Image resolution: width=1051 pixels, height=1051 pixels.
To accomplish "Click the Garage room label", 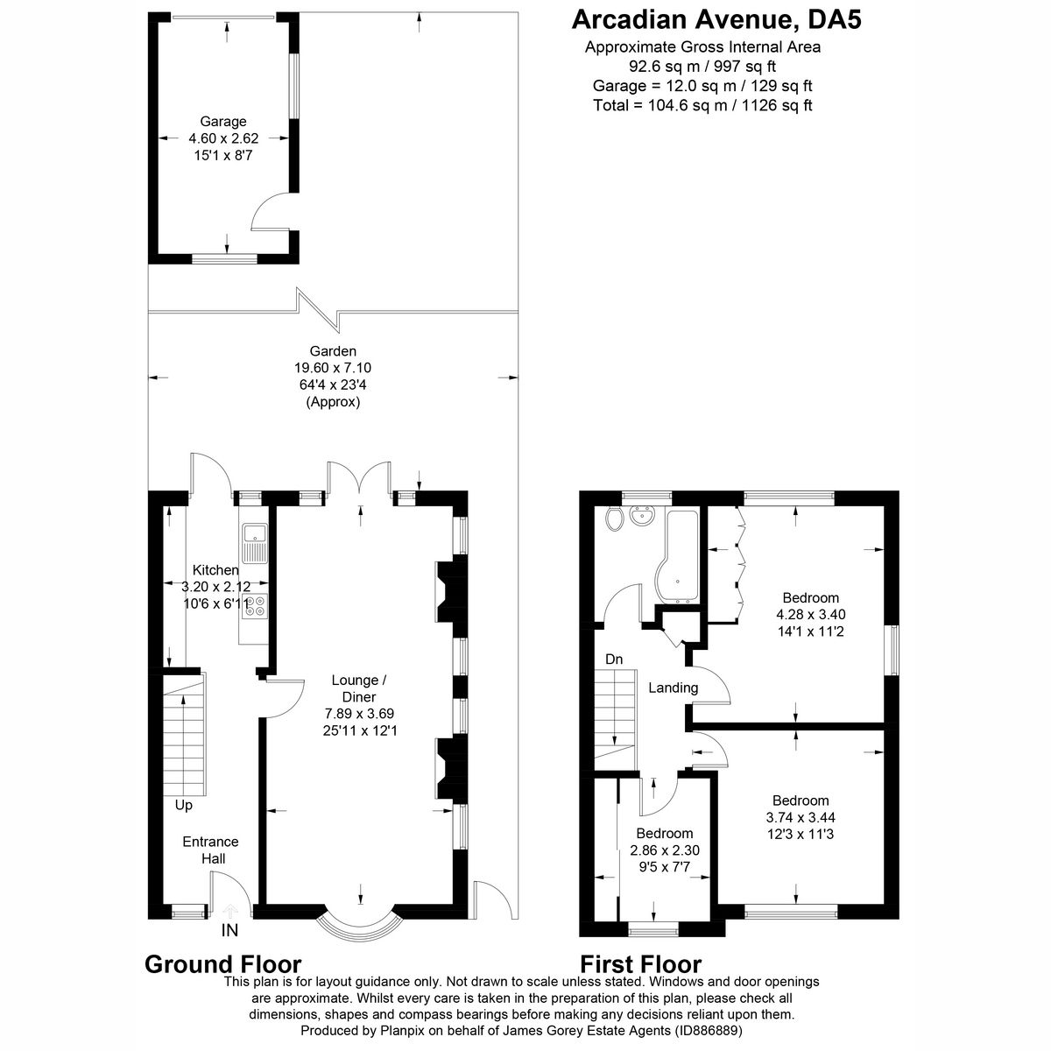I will [223, 122].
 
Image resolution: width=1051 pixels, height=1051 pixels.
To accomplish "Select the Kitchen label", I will [215, 570].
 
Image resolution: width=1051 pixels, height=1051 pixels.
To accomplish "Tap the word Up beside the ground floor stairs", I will [183, 805].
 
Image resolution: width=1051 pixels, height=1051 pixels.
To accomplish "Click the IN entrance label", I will [229, 930].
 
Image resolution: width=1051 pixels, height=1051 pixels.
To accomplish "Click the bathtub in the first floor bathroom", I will [679, 556].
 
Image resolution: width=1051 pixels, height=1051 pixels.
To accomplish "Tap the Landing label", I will [673, 688].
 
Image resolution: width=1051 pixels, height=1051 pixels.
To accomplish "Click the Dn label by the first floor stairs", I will [613, 659].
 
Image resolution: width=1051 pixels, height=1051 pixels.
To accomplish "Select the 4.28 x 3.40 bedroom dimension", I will [810, 614].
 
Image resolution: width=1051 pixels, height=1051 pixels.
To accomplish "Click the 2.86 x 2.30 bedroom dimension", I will [665, 850].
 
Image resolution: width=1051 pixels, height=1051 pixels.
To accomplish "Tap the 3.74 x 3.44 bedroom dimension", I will [800, 817].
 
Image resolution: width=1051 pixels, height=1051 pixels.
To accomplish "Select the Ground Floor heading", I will [222, 963].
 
